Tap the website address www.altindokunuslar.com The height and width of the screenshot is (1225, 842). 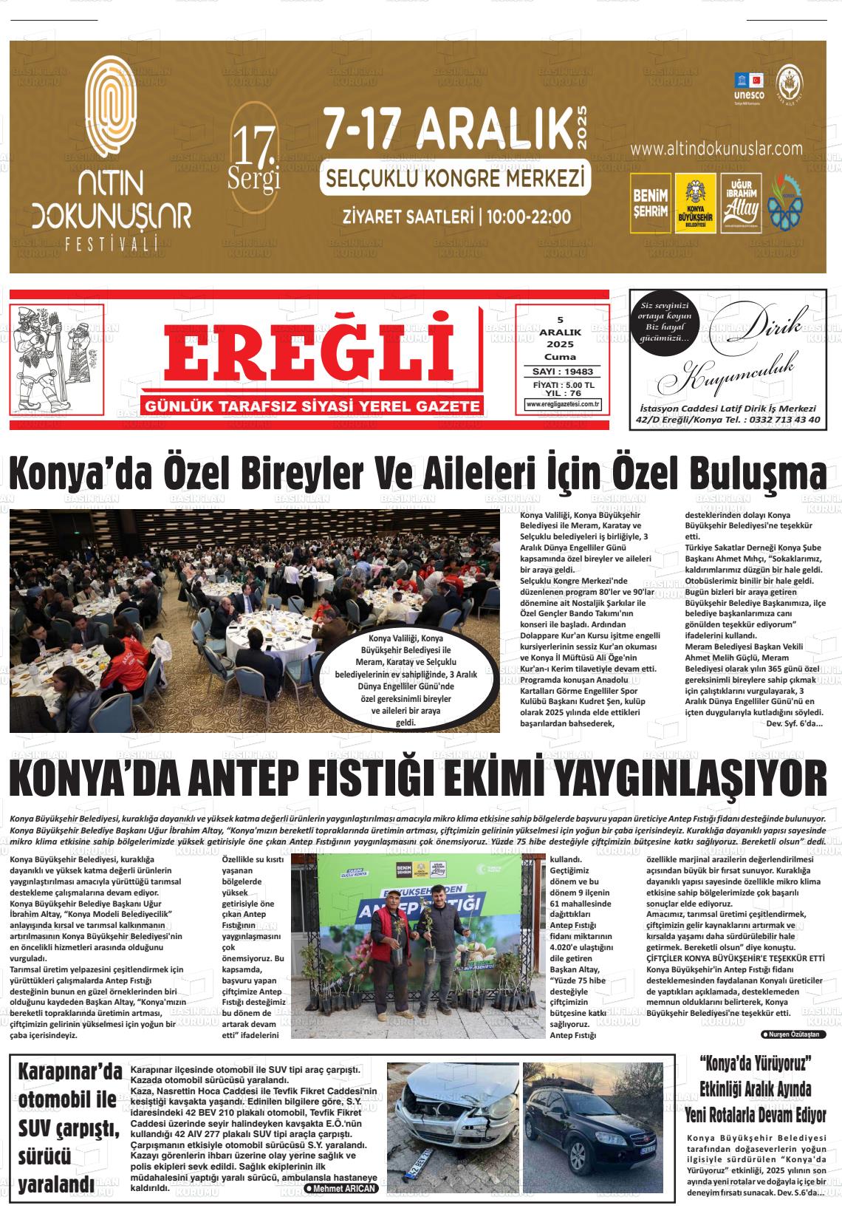click(x=716, y=149)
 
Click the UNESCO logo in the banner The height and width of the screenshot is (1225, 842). click(x=748, y=87)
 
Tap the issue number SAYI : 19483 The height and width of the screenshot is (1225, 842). click(x=563, y=372)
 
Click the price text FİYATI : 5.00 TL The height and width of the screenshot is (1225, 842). click(x=563, y=385)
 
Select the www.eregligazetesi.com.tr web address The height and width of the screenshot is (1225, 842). click(x=563, y=404)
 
